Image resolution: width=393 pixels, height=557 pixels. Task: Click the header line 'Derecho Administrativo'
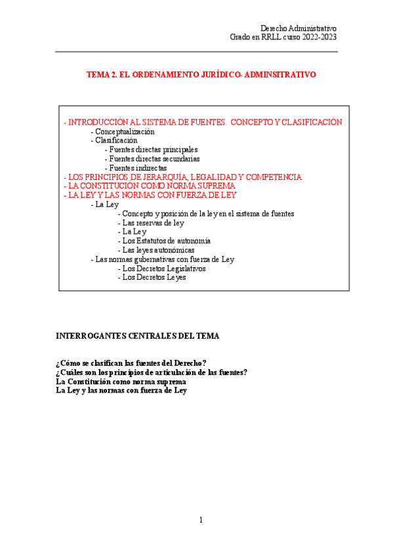tap(299, 28)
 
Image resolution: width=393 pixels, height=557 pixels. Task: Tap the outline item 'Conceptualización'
tap(125, 131)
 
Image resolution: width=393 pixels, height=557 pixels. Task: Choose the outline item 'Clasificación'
tap(116, 140)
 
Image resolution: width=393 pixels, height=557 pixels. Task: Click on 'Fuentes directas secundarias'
tap(154, 158)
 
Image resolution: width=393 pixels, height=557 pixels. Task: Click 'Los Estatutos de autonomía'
tap(166, 241)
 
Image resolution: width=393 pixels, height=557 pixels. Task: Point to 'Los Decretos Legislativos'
tap(164, 269)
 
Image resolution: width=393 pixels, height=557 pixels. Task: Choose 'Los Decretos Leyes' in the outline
tap(154, 278)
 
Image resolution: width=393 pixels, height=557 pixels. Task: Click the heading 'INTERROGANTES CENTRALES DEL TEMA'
tap(138, 336)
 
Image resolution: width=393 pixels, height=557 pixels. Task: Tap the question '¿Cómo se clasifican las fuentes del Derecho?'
tap(132, 363)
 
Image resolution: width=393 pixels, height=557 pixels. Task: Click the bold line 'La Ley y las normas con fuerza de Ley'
tap(121, 391)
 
